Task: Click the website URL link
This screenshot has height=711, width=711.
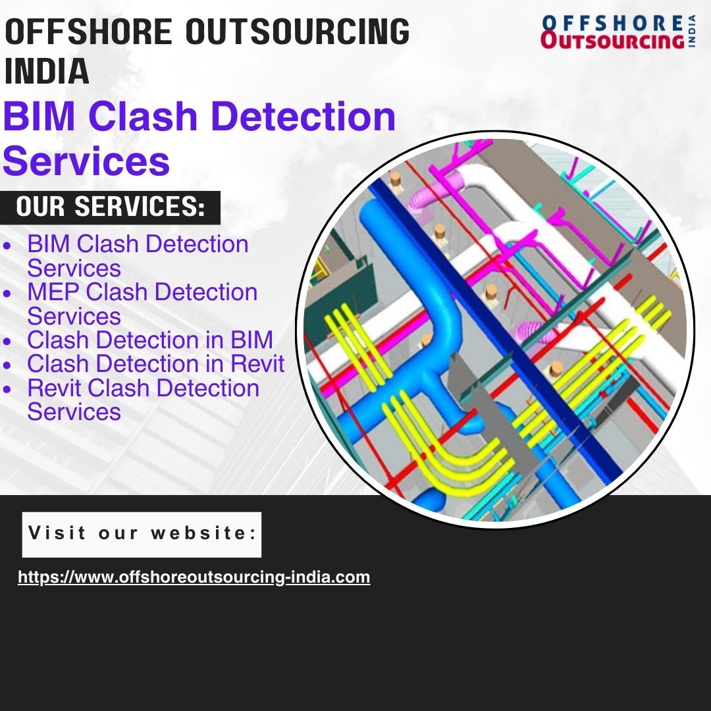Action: pyautogui.click(x=194, y=577)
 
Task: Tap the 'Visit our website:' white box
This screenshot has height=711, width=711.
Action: pyautogui.click(x=142, y=535)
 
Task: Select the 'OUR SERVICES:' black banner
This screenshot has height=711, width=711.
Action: pyautogui.click(x=110, y=207)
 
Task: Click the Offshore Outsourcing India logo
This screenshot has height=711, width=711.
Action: pyautogui.click(x=618, y=32)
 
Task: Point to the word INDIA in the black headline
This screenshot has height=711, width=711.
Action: pyautogui.click(x=47, y=70)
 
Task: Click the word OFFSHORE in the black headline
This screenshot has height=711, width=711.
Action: pyautogui.click(x=88, y=32)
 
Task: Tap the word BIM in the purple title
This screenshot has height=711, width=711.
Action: pyautogui.click(x=39, y=117)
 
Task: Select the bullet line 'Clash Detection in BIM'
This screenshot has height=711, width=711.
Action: pyautogui.click(x=150, y=340)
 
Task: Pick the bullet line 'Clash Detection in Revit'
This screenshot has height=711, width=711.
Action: pyautogui.click(x=156, y=363)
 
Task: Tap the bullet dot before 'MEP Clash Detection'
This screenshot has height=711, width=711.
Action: pyautogui.click(x=7, y=293)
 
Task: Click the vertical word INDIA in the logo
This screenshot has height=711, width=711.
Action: pyautogui.click(x=692, y=32)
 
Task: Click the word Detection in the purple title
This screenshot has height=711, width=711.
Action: pyautogui.click(x=303, y=117)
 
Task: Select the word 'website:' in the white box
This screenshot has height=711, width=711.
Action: pyautogui.click(x=204, y=533)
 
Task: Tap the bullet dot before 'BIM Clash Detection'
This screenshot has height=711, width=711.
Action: pyautogui.click(x=7, y=246)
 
